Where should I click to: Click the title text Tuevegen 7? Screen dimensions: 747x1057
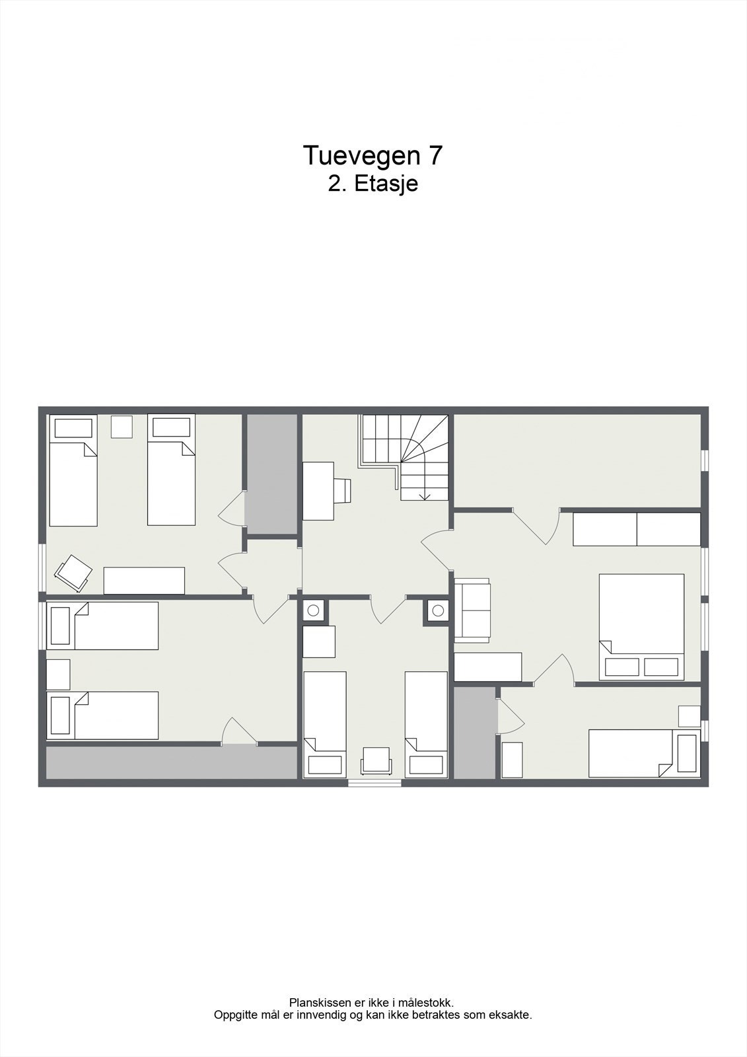(x=373, y=155)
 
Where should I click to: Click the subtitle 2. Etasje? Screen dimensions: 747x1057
(x=373, y=184)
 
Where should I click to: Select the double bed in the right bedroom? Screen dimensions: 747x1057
(x=641, y=627)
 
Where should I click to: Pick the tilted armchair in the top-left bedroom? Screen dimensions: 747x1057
(x=73, y=573)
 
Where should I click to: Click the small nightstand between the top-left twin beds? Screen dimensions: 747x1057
(x=122, y=427)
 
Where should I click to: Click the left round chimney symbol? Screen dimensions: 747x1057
(x=313, y=610)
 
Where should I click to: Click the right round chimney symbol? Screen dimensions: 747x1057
(x=437, y=610)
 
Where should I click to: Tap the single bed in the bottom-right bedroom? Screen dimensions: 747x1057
(x=644, y=753)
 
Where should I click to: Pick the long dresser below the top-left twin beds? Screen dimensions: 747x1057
(x=144, y=581)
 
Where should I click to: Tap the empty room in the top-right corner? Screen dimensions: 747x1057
(x=577, y=460)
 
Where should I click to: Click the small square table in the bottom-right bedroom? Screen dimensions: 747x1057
(x=690, y=716)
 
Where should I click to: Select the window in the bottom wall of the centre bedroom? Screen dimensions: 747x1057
(x=374, y=783)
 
